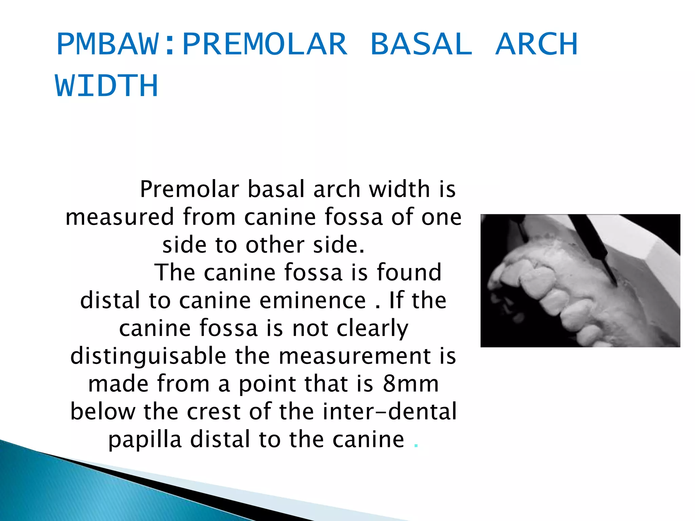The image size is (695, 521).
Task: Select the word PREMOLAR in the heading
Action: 265,44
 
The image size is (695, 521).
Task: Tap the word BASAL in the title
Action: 421,44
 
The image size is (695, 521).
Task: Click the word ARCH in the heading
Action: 536,44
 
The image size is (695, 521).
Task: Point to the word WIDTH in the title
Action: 107,85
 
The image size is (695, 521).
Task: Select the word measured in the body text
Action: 120,217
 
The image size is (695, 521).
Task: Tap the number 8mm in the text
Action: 411,384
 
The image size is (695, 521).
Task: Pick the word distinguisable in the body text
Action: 148,356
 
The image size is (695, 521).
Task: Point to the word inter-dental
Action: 389,412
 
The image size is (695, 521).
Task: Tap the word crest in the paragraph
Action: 214,412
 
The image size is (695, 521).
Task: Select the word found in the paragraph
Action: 409,273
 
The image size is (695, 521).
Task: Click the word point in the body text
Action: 267,385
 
